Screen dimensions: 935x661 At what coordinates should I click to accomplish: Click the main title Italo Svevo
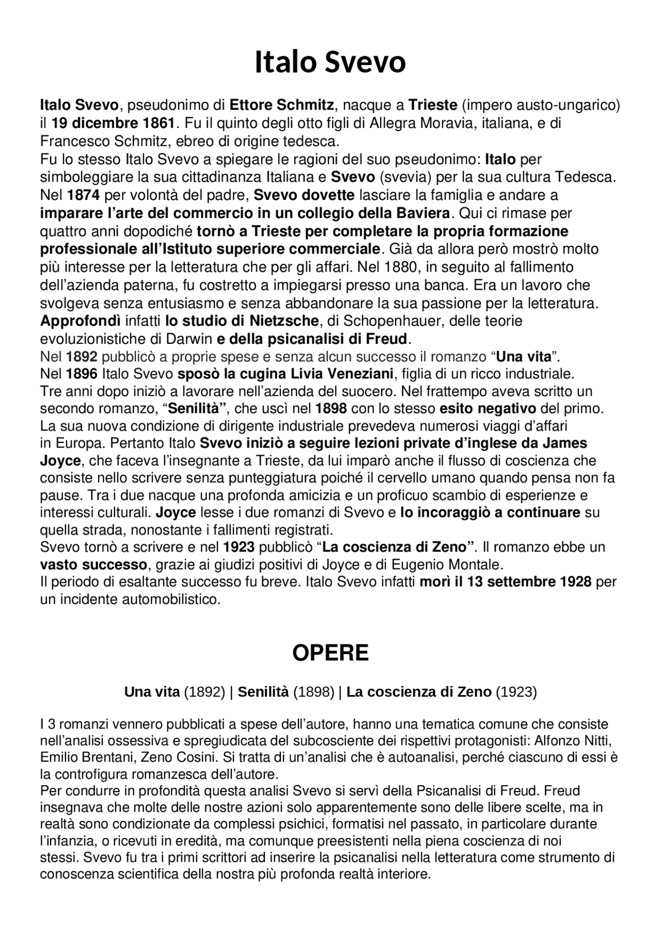click(330, 62)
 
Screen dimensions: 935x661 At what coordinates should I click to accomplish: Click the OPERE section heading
click(330, 653)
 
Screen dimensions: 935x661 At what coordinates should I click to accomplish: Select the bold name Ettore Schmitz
click(281, 105)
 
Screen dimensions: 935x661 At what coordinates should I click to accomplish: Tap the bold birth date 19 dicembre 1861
click(113, 123)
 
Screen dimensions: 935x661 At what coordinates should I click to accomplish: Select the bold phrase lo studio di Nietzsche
click(242, 321)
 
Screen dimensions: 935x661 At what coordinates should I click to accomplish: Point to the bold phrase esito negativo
click(487, 409)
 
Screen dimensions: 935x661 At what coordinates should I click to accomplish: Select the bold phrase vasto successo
click(93, 564)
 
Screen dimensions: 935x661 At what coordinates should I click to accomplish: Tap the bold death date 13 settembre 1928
click(529, 582)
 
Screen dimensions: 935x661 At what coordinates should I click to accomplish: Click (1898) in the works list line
click(314, 692)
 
